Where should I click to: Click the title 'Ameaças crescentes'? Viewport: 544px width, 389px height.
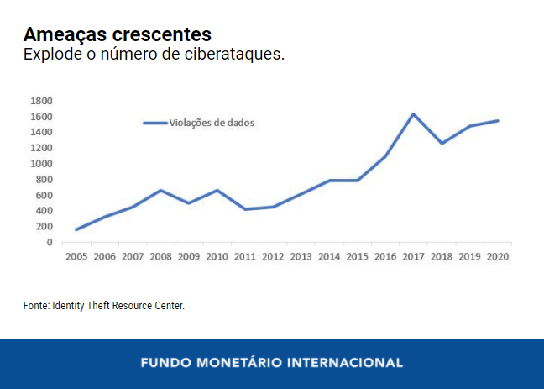pyautogui.click(x=117, y=34)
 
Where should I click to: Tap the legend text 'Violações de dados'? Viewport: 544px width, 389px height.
pyautogui.click(x=212, y=123)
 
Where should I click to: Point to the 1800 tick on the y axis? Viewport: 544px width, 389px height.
pyautogui.click(x=41, y=101)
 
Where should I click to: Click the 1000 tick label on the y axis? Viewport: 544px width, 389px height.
pyautogui.click(x=41, y=164)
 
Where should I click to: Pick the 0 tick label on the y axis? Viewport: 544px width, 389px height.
pyautogui.click(x=49, y=243)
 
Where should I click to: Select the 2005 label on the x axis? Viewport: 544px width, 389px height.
pyautogui.click(x=76, y=256)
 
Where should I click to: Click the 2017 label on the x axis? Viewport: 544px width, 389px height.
pyautogui.click(x=413, y=256)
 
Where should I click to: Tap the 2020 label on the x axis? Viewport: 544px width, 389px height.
pyautogui.click(x=497, y=256)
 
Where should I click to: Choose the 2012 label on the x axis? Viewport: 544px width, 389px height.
pyautogui.click(x=273, y=256)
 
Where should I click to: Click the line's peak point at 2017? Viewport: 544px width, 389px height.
pyautogui.click(x=413, y=114)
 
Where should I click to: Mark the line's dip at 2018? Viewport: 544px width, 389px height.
pyautogui.click(x=442, y=144)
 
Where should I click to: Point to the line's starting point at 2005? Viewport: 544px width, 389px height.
pyautogui.click(x=76, y=229)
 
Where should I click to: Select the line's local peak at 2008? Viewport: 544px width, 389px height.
pyautogui.click(x=160, y=191)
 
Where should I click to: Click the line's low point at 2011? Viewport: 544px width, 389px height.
pyautogui.click(x=244, y=209)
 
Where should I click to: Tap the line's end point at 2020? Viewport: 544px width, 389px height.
pyautogui.click(x=497, y=121)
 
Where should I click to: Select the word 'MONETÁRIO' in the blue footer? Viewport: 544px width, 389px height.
pyautogui.click(x=241, y=364)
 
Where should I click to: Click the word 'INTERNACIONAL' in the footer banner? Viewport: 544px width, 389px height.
pyautogui.click(x=345, y=364)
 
